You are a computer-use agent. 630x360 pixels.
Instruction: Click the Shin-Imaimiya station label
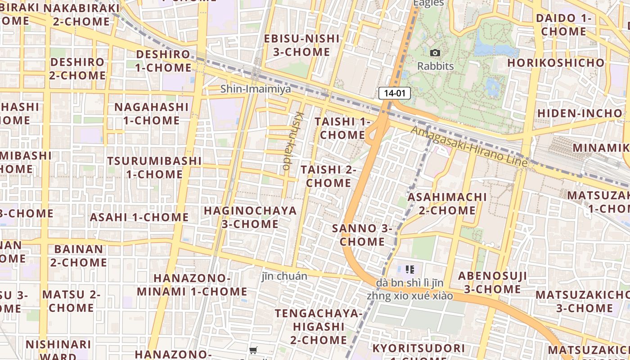[256, 89]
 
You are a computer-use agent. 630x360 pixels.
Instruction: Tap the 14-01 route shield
[395, 93]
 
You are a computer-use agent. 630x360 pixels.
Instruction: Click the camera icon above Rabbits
[435, 53]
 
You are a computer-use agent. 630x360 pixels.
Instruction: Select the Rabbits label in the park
[435, 66]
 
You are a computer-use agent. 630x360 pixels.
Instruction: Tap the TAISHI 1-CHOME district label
[342, 128]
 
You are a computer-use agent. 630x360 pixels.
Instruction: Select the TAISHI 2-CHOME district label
[328, 176]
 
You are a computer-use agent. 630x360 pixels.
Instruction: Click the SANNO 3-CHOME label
[362, 235]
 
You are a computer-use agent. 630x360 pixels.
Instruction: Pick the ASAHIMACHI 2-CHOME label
[447, 203]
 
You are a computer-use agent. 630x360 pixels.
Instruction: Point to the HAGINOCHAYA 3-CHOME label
[250, 217]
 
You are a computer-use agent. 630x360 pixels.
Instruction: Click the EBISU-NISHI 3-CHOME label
[301, 45]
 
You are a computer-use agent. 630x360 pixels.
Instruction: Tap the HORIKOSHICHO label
[556, 63]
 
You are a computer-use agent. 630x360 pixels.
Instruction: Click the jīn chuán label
[284, 276]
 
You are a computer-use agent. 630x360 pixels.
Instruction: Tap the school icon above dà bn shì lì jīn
[409, 270]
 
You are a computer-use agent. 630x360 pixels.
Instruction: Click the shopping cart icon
[253, 350]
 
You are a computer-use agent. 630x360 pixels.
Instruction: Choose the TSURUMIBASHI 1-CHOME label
[154, 167]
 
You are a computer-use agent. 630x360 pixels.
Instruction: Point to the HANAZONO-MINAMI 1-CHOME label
[192, 284]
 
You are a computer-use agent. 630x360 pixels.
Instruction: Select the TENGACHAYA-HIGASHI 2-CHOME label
[319, 326]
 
